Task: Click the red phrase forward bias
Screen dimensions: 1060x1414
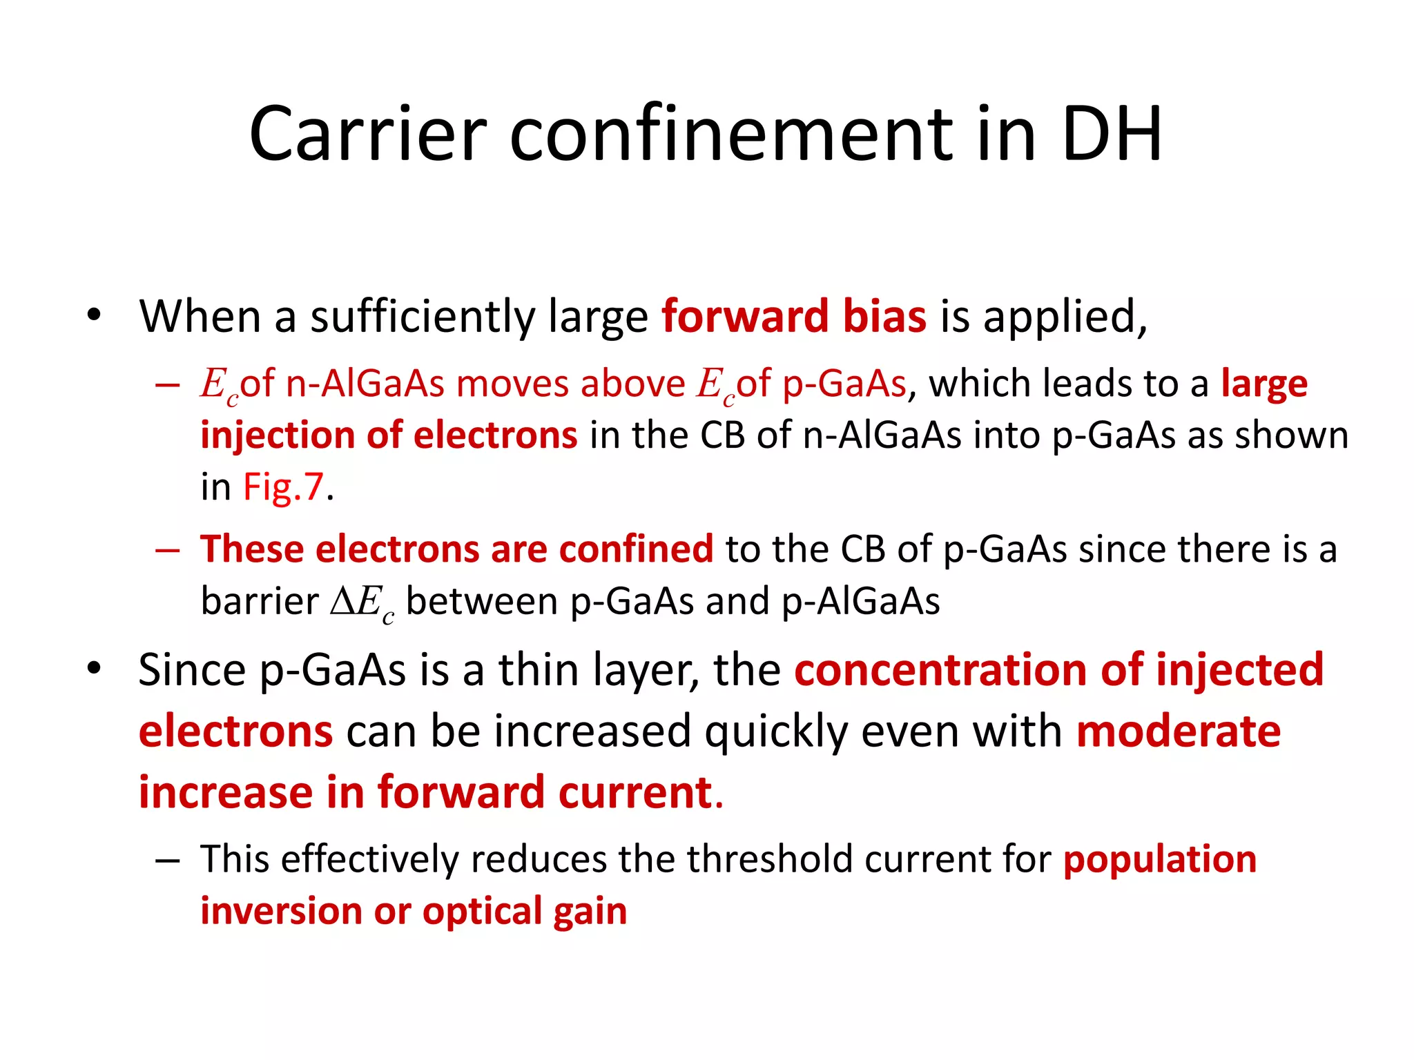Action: pos(793,317)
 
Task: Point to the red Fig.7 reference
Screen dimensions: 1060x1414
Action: pos(283,487)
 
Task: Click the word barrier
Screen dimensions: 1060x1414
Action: pos(260,601)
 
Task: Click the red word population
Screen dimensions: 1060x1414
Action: pos(1159,860)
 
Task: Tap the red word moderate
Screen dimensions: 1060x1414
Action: pos(1178,732)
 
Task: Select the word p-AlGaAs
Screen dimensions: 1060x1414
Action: pos(860,601)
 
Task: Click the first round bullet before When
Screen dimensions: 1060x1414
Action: pos(95,316)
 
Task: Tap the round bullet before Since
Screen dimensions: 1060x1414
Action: pos(95,668)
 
